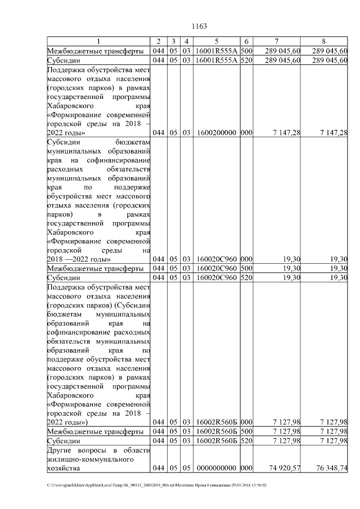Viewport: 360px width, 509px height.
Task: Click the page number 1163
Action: (200, 26)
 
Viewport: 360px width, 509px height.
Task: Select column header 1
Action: (99, 42)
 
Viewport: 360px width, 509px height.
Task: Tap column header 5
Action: (216, 42)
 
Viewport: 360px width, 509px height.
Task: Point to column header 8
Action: (323, 42)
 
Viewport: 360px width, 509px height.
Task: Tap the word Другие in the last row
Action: (61, 450)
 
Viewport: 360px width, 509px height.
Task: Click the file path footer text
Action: (157, 485)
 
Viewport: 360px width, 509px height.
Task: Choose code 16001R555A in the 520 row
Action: (216, 60)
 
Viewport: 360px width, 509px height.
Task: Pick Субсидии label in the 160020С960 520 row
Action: (64, 278)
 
